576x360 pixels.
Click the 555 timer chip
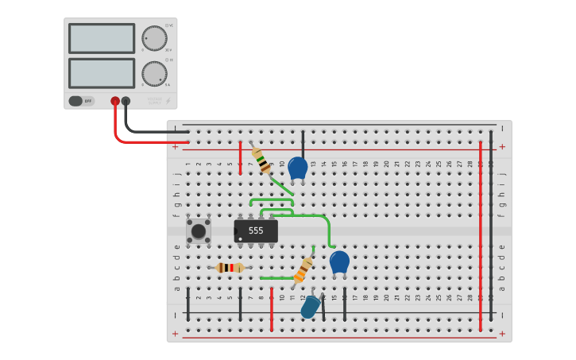pos(256,231)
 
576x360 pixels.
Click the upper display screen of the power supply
pos(102,38)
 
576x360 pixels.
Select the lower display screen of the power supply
pos(102,73)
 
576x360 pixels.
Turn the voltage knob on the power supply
pos(154,38)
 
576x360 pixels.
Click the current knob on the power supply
pos(154,73)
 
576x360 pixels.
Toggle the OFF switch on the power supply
pos(80,101)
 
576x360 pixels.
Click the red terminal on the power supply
pos(115,101)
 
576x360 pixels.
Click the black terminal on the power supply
pos(126,101)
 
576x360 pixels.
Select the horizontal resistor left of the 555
pos(230,268)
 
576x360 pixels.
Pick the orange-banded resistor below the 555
pos(303,270)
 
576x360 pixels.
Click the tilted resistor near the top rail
pos(261,160)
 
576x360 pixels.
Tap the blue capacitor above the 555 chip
pos(297,168)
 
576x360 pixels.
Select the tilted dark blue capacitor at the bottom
pos(310,307)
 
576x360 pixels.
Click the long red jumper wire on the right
pos(480,235)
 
